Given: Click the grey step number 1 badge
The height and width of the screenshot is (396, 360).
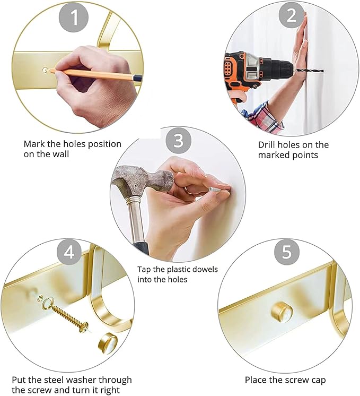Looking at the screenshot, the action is point(74,18).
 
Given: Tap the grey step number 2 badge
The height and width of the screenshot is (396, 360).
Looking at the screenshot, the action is point(291,15).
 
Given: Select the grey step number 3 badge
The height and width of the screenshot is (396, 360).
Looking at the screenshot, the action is point(178,141).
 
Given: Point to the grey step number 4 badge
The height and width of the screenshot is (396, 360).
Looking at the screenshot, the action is point(69,252).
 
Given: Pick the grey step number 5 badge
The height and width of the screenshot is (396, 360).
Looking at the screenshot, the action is point(287,252).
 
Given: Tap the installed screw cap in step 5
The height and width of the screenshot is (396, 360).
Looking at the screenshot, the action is point(282,311).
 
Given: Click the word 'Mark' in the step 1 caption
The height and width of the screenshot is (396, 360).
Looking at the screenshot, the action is point(34,144).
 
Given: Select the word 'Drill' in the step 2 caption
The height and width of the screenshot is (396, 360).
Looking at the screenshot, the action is point(266,145).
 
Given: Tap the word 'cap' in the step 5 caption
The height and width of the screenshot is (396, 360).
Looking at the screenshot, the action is point(318,381).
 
